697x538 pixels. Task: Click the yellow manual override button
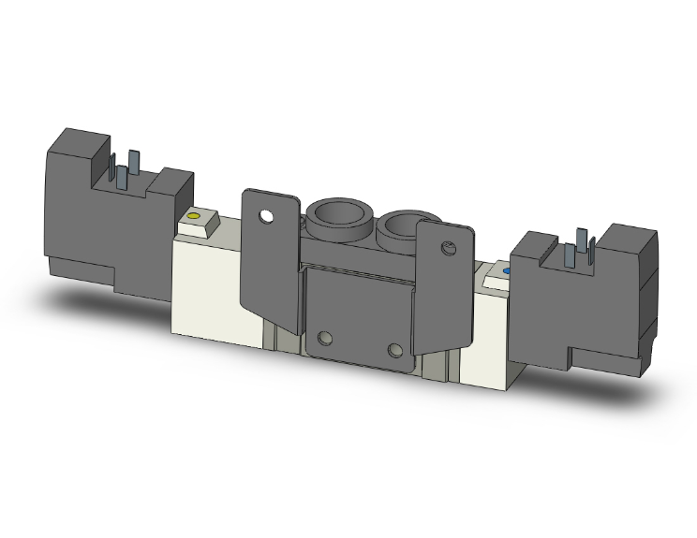(x=194, y=218)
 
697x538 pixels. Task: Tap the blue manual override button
(x=507, y=272)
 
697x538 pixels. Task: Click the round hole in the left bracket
(x=269, y=217)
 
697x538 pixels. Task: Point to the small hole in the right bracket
(x=447, y=248)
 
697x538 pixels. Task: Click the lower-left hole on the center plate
(x=325, y=338)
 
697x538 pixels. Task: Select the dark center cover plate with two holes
(x=361, y=309)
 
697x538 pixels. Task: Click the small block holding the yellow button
(x=199, y=225)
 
